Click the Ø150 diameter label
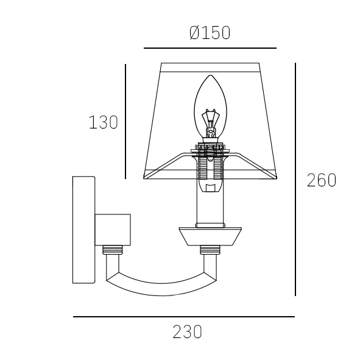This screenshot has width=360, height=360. pos(210,33)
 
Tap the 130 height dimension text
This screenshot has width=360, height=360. pos(104,122)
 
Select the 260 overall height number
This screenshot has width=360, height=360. pos(322,180)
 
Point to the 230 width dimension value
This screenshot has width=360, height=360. pos(187,332)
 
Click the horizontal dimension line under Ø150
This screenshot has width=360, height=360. pos(210,48)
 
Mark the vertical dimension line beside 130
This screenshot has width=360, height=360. pos(125,121)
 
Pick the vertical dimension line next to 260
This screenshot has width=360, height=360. pos(295,179)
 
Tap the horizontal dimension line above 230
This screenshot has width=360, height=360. pos(184,317)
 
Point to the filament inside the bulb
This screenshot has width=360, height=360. pos(210,123)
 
